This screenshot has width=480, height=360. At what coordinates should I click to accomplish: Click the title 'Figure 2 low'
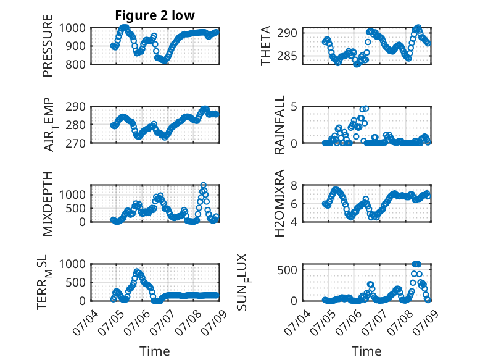tap(155, 15)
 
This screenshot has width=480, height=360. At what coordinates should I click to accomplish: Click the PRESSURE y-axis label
tap(48, 46)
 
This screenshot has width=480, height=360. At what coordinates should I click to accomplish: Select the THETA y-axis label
tap(266, 46)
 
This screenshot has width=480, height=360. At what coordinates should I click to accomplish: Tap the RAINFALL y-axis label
tap(279, 125)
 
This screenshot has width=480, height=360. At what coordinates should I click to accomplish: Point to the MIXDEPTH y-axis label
tap(48, 203)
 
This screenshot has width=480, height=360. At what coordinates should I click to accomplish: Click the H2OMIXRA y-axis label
tap(279, 203)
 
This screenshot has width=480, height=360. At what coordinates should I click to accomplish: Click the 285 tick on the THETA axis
tap(287, 56)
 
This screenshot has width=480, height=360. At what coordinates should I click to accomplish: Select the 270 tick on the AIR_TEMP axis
tap(75, 143)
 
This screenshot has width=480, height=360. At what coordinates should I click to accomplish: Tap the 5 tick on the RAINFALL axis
tap(294, 107)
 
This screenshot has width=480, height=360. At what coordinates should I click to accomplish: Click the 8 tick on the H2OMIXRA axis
tap(294, 185)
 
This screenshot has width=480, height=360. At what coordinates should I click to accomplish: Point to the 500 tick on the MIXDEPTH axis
tap(75, 208)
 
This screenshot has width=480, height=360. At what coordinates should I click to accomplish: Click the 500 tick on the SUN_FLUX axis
tap(287, 270)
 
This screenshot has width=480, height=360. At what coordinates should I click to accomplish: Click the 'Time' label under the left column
tap(155, 351)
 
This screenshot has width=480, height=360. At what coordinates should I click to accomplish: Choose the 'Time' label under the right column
tap(366, 351)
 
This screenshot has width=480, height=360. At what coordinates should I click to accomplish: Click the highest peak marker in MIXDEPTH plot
tap(203, 185)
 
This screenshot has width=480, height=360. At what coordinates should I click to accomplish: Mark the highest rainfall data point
tap(365, 109)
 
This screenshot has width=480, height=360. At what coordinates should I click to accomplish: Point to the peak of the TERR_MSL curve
tap(137, 272)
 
